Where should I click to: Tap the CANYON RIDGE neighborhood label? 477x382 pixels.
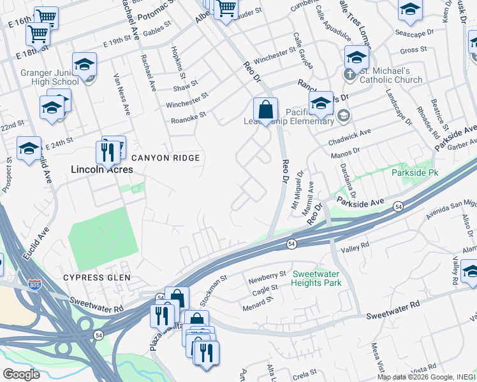click(x=166, y=158)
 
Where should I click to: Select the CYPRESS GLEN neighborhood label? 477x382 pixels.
click(x=96, y=278)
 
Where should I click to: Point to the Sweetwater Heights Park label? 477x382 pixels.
click(x=317, y=278)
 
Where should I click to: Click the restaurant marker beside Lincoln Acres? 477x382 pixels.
click(x=106, y=152)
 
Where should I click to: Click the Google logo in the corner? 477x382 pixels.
click(x=21, y=374)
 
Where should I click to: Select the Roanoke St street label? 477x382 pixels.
click(x=188, y=116)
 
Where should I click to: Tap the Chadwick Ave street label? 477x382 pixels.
click(x=349, y=137)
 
